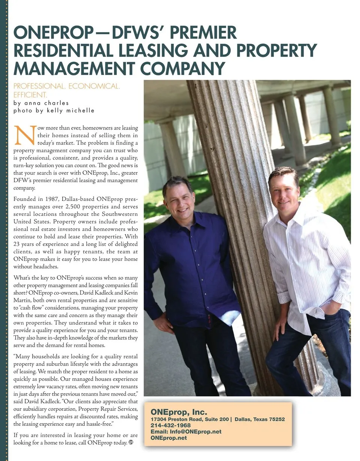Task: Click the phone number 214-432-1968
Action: [170, 425]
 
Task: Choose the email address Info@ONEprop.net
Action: [196, 431]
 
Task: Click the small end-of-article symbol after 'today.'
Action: [131, 442]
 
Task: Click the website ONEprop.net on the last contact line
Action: [168, 438]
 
